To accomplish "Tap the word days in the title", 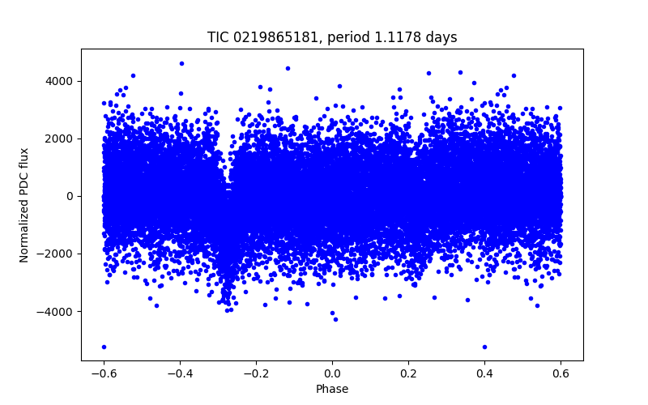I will (443, 37).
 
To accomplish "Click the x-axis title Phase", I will (332, 389).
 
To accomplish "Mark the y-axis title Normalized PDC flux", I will (24, 204).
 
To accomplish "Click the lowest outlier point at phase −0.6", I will (104, 347).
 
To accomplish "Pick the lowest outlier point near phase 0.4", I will (484, 347).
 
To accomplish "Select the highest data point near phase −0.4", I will (181, 63).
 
